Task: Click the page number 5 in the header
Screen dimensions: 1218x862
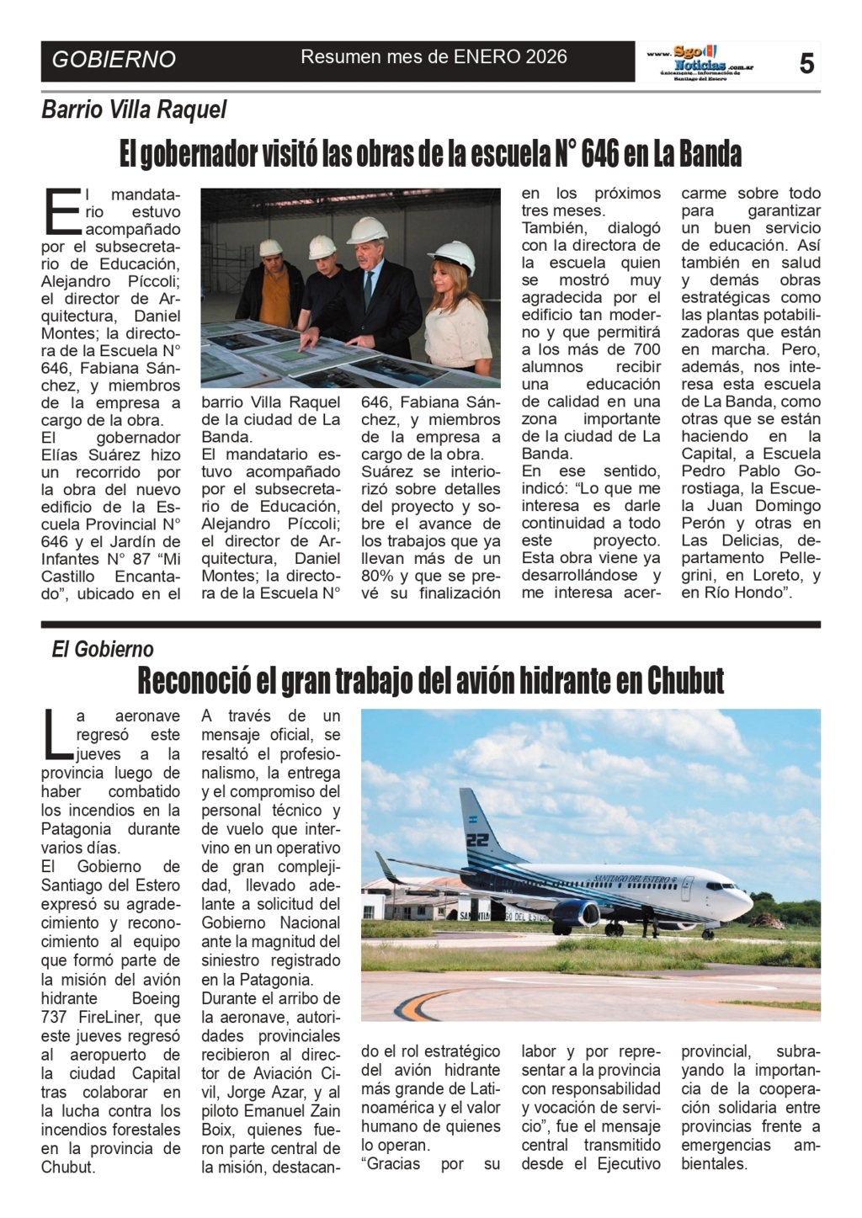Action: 806,62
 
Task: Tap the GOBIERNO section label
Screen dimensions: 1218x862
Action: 114,59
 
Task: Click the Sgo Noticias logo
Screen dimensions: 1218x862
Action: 700,61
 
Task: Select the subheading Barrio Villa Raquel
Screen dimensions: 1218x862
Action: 135,109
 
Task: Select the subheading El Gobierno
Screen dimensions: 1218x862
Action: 103,649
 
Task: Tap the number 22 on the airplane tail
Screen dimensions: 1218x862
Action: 476,839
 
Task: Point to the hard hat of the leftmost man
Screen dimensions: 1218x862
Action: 271,247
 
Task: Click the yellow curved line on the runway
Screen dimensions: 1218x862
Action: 421,1002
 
